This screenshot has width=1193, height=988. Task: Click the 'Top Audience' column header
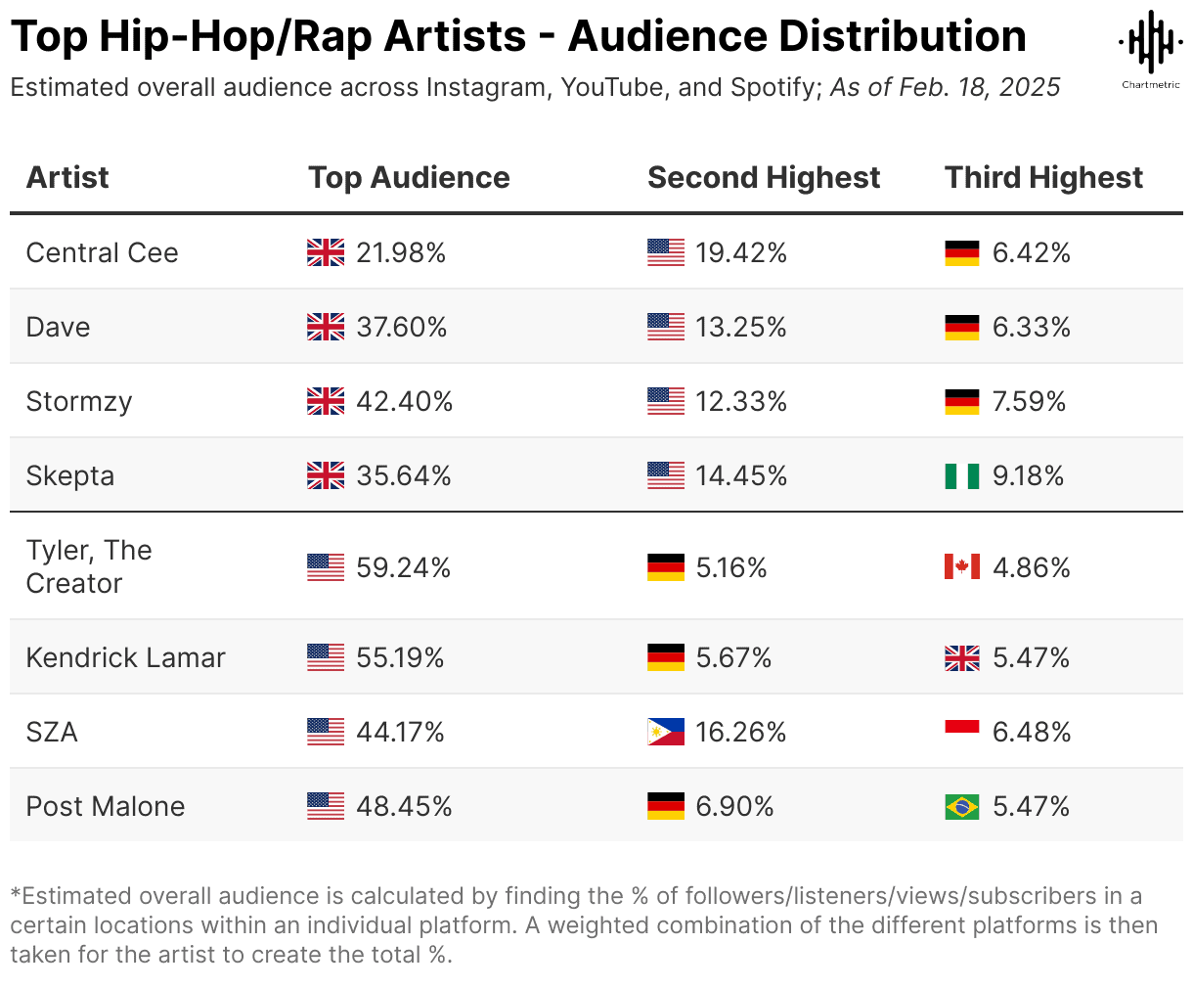[x=409, y=178]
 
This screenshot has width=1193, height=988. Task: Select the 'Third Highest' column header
[x=1043, y=178]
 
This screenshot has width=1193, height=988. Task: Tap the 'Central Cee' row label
[x=102, y=253]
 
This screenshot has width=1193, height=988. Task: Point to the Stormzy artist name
[x=78, y=402]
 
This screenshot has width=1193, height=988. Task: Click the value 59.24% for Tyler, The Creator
[x=403, y=568]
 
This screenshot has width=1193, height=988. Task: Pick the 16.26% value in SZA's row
[x=740, y=733]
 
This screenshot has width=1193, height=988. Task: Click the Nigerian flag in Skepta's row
[x=961, y=476]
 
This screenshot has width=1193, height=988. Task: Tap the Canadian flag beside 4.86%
[x=961, y=567]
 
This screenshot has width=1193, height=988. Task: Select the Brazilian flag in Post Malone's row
[x=961, y=807]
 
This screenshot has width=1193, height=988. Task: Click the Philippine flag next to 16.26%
[x=665, y=733]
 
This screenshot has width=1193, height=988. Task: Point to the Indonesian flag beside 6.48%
[x=961, y=732]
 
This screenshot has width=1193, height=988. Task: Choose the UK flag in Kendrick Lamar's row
[x=961, y=658]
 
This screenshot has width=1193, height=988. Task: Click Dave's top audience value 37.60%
[x=401, y=328]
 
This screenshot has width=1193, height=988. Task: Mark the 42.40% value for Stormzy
[x=404, y=402]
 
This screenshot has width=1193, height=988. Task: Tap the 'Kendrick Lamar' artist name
[x=125, y=658]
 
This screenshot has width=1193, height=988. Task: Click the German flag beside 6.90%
[x=665, y=807]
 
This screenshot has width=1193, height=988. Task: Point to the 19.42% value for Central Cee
[x=740, y=253]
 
